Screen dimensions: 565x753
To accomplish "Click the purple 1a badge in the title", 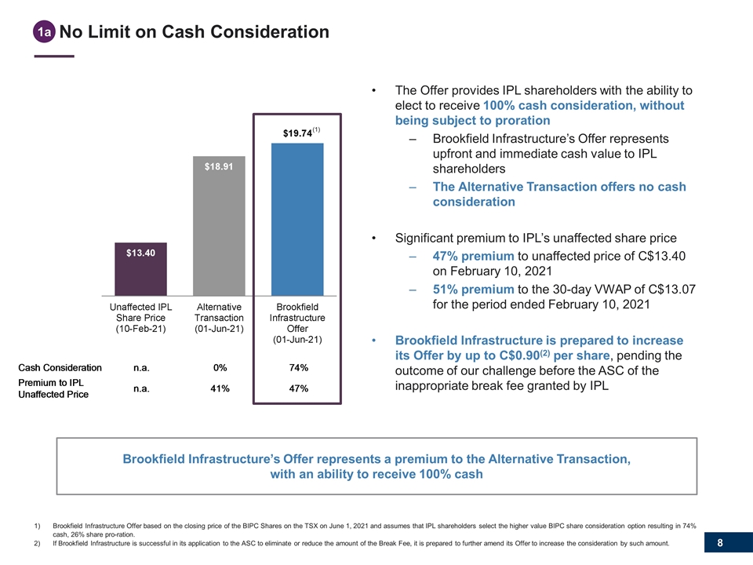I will (45, 32).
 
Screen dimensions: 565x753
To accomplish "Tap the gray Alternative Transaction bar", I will (219, 228).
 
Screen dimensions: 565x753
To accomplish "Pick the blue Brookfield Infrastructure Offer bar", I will (297, 220).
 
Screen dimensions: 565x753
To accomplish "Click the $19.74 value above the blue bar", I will (297, 133).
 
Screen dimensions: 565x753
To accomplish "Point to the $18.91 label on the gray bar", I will (219, 167).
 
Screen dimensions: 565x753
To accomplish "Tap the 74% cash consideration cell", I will (298, 367).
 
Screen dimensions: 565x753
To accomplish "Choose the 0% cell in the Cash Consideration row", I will (220, 367).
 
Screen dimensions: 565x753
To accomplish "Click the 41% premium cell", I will (220, 388).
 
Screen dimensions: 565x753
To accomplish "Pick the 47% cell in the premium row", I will (298, 388).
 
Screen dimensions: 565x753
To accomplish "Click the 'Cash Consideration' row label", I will (60, 367).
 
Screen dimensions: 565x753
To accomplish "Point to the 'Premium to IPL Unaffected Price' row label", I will (53, 388).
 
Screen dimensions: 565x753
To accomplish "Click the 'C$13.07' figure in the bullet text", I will (668, 290).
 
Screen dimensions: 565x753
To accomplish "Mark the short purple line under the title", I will (54, 56).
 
